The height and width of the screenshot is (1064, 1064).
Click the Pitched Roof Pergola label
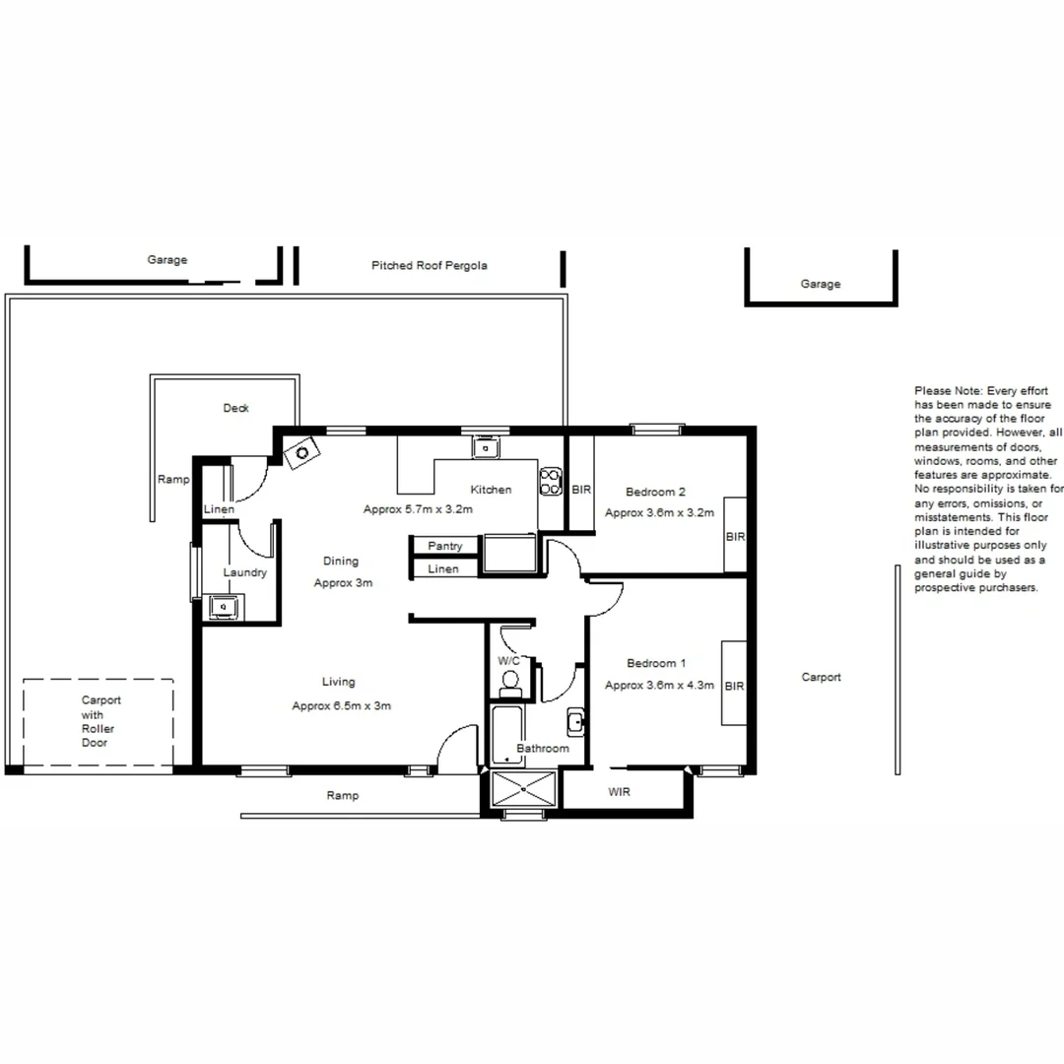click(429, 266)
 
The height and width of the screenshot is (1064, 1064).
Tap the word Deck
click(235, 408)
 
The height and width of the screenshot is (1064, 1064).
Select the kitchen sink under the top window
click(485, 448)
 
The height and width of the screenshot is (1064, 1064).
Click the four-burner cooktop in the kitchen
click(550, 482)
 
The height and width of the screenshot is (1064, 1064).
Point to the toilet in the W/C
click(510, 680)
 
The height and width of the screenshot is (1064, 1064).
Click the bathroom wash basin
click(576, 723)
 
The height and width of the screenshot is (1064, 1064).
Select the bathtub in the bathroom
click(507, 735)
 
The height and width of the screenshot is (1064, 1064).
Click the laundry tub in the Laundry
click(223, 607)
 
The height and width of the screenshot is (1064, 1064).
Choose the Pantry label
click(445, 546)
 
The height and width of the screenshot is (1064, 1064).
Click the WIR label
click(619, 792)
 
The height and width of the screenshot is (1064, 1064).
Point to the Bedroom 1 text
click(656, 663)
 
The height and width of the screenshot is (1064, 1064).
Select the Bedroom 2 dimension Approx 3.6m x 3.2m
click(658, 513)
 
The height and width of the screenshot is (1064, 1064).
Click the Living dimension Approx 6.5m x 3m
click(341, 706)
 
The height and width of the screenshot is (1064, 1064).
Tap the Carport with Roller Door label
click(100, 721)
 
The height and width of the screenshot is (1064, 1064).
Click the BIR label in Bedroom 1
click(734, 687)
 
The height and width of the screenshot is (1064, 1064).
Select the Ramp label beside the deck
click(172, 480)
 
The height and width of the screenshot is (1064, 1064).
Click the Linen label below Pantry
click(443, 569)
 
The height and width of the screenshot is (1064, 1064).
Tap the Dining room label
click(341, 562)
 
